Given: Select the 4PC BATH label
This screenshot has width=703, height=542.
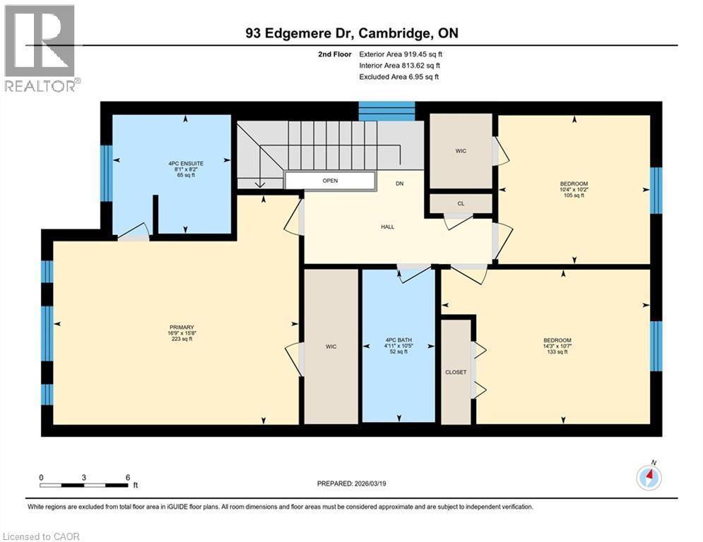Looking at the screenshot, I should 398,340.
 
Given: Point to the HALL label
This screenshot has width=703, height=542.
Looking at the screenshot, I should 387,227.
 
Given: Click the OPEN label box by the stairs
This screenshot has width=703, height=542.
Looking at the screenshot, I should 330,181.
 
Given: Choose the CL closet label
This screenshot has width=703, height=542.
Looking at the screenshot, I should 461,203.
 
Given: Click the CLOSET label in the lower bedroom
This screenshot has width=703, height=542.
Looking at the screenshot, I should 456,372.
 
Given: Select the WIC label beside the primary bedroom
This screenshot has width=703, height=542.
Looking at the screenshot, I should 331,347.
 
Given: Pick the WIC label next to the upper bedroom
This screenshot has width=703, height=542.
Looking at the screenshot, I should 461,151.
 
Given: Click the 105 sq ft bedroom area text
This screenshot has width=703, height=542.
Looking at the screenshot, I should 574,195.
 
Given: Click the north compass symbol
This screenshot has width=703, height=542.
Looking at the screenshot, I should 649,477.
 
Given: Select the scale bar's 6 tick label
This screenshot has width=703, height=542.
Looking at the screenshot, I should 128,477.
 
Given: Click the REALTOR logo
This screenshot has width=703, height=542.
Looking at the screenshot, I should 40,48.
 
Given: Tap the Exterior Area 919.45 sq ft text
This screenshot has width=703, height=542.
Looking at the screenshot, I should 401,54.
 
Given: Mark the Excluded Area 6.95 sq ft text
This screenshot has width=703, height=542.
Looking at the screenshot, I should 399,76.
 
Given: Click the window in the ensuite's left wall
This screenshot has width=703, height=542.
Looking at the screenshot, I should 106,165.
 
